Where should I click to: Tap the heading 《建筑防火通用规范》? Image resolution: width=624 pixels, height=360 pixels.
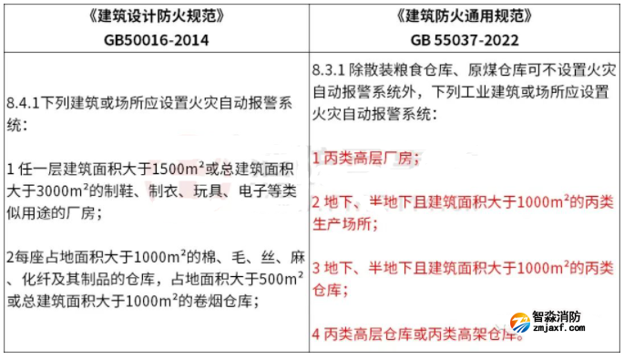(465, 16)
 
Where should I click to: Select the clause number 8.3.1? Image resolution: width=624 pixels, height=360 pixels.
(330, 70)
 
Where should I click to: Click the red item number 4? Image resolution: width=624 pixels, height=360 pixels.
(316, 335)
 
